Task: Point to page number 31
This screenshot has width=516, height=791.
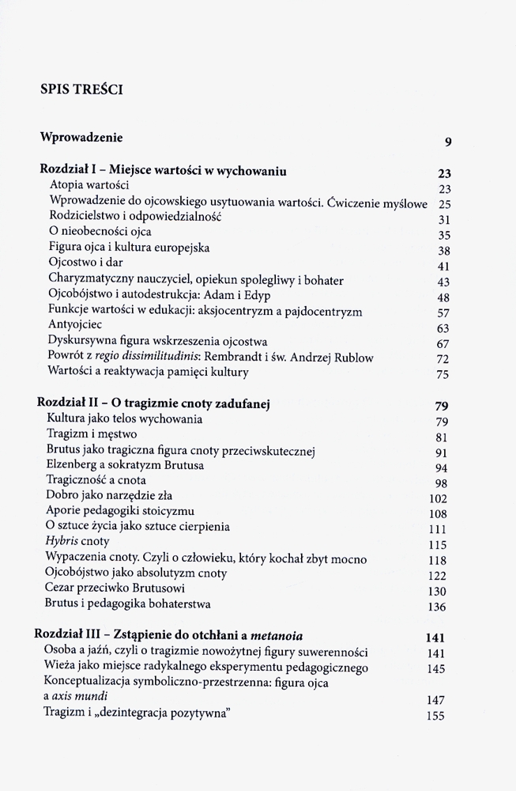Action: [443, 219]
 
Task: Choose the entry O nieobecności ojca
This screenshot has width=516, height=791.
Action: [100, 232]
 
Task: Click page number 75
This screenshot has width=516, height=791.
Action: [443, 374]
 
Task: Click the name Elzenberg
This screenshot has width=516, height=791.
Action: [77, 464]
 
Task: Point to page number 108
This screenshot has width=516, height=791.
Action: [439, 513]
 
